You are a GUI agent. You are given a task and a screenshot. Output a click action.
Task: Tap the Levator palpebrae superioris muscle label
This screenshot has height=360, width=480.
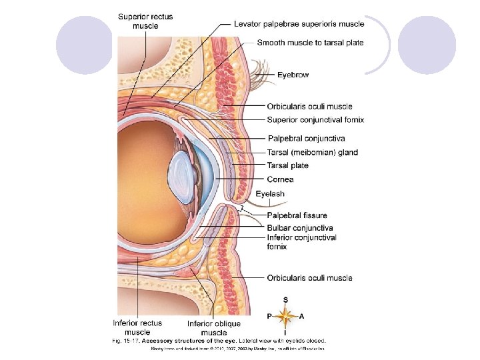(299, 24)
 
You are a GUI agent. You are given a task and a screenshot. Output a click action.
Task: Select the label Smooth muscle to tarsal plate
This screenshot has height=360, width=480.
(310, 43)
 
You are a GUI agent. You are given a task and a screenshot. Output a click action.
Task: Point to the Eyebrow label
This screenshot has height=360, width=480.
(293, 75)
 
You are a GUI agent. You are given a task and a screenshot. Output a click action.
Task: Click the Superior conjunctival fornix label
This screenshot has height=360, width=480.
(315, 120)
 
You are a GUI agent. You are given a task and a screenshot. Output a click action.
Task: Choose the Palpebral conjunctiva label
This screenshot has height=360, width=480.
(306, 139)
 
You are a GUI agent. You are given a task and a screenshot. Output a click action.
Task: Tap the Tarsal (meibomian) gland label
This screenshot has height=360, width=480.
(312, 152)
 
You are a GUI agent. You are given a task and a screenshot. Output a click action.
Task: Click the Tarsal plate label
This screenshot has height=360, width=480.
(287, 165)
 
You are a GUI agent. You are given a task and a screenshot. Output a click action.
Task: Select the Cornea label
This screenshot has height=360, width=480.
(280, 179)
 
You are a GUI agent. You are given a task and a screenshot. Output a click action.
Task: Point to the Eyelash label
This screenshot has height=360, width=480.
(270, 194)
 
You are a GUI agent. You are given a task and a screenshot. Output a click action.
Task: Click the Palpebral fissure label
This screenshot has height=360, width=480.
(297, 215)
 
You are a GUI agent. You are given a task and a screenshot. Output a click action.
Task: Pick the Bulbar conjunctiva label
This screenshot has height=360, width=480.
(299, 228)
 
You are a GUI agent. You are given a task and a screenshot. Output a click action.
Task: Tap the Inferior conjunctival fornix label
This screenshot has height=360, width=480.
(301, 242)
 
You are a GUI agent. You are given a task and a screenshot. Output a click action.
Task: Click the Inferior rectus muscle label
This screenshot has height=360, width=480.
(137, 327)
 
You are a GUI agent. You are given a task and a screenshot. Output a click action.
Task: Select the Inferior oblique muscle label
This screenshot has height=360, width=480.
(213, 328)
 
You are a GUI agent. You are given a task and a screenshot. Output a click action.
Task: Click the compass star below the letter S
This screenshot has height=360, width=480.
(285, 315)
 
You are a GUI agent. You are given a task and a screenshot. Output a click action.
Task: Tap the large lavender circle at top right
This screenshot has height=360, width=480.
(426, 46)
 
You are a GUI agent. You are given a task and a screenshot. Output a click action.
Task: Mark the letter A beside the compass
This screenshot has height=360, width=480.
(301, 316)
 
